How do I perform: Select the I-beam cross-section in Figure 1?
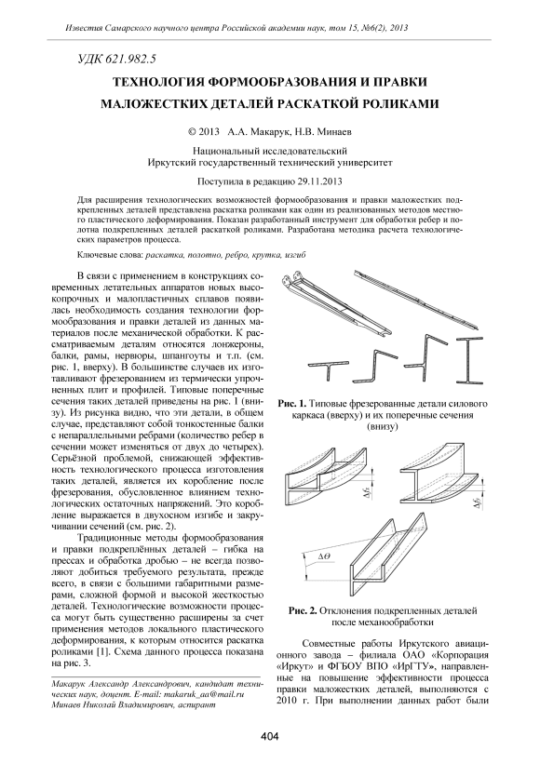tap(468, 363)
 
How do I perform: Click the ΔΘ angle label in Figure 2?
tap(324, 556)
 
